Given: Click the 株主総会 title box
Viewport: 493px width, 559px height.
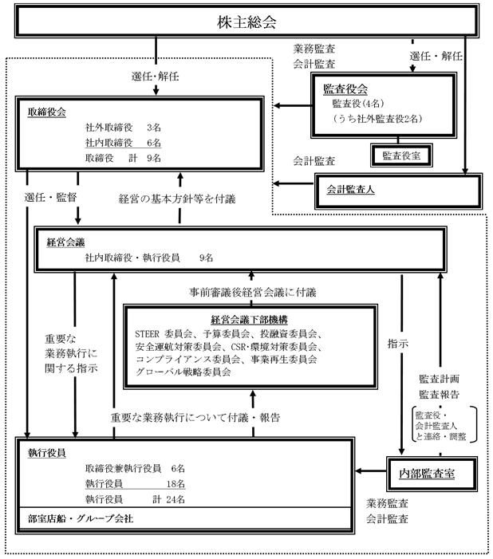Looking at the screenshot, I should tap(246, 22).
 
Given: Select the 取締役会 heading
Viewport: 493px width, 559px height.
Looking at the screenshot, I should tap(47, 111).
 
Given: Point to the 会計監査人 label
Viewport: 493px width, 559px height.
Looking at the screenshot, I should tap(352, 189).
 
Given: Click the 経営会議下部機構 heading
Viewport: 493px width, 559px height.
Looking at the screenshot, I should tap(223, 317).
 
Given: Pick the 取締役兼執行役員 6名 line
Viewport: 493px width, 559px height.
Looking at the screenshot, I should tap(133, 467).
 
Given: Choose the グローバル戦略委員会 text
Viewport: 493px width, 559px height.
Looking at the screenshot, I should tap(184, 372).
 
